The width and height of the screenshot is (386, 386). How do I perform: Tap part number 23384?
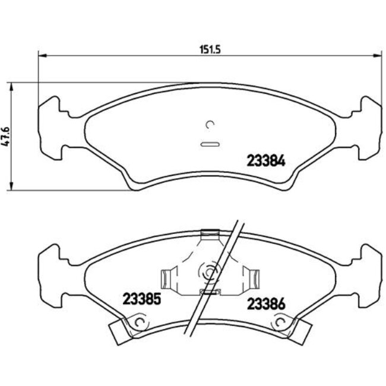click(x=267, y=160)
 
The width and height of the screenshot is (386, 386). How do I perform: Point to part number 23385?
click(x=141, y=298)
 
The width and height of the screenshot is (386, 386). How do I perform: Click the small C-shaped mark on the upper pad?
click(x=209, y=124)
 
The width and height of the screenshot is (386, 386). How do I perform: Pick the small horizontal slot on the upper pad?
click(x=210, y=144)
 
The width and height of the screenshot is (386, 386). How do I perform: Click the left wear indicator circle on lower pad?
click(x=140, y=322)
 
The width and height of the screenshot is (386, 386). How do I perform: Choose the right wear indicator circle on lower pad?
click(x=279, y=322)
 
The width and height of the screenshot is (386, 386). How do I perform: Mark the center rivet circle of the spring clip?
click(x=209, y=274)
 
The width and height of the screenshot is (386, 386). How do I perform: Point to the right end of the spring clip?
click(x=254, y=277)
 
